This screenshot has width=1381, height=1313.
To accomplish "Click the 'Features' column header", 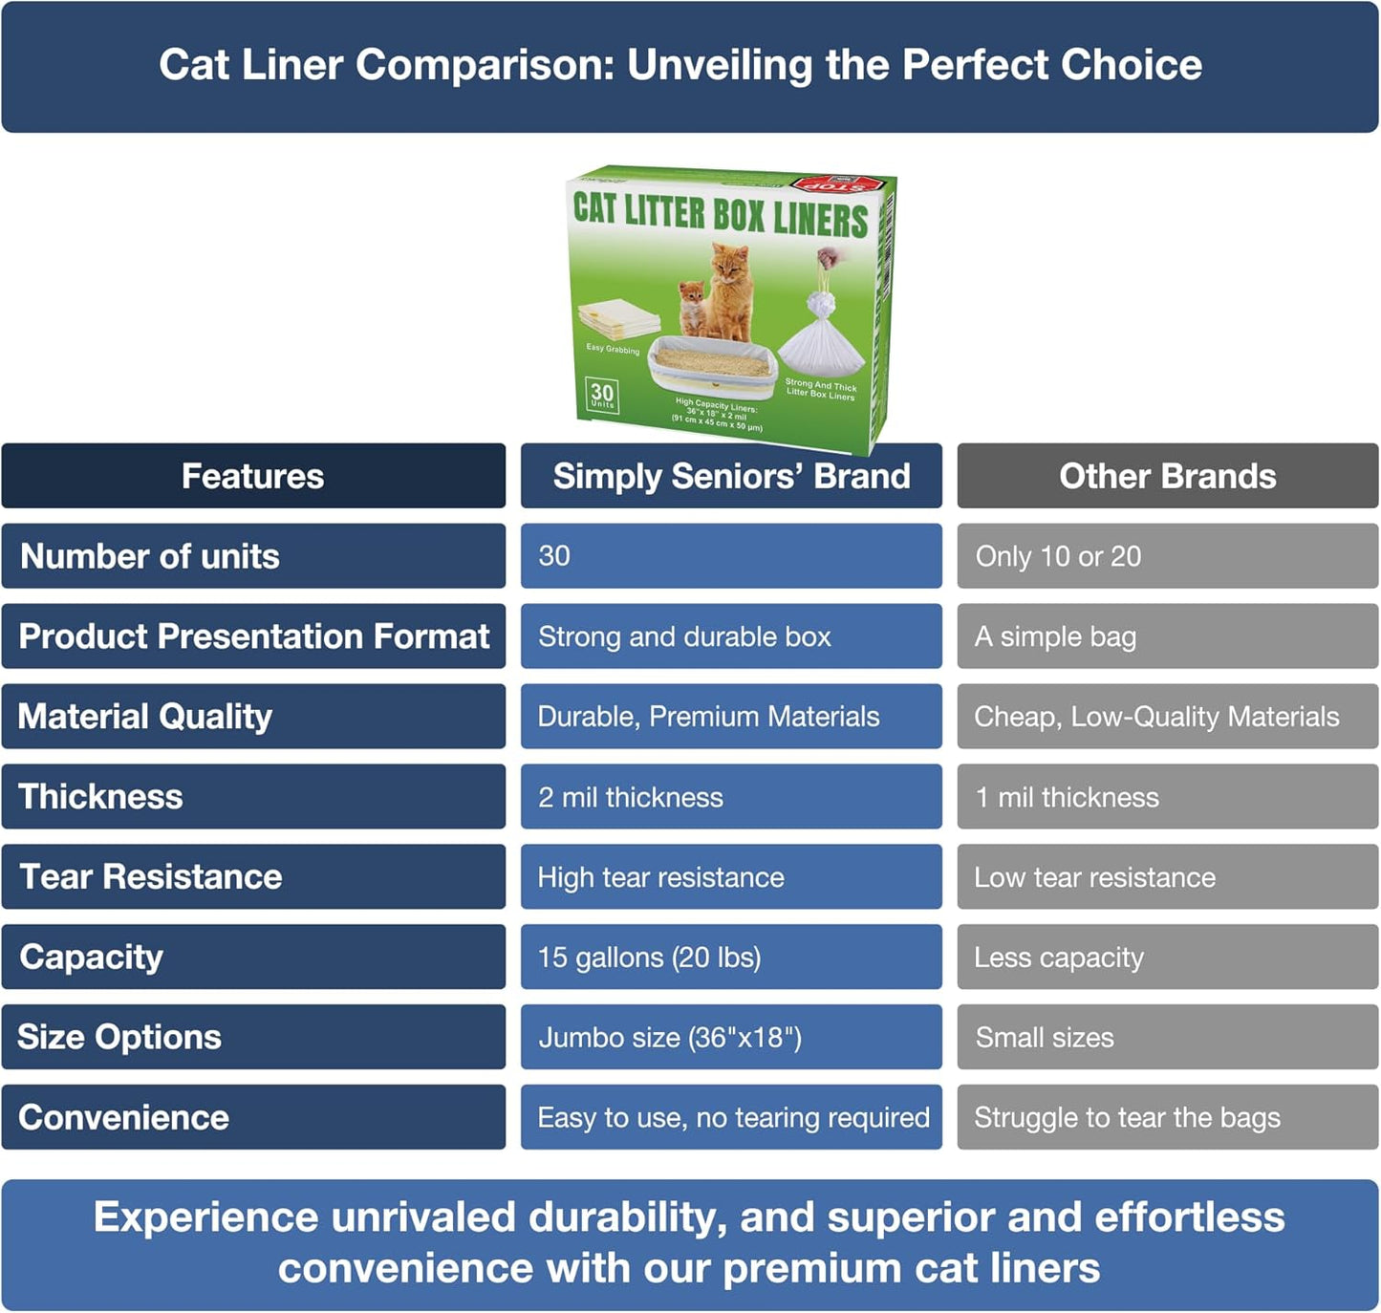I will pyautogui.click(x=253, y=476).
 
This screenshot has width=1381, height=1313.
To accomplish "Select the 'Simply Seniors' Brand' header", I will pyautogui.click(x=731, y=476).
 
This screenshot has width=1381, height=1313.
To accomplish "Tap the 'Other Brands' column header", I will pyautogui.click(x=1167, y=476).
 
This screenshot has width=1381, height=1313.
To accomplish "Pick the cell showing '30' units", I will pyautogui.click(x=731, y=556).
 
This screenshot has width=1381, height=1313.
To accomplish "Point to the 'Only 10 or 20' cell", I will pyautogui.click(x=1167, y=556).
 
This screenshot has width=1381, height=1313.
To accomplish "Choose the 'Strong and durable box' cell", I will pyautogui.click(x=731, y=636).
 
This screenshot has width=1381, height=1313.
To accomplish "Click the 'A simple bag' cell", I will pyautogui.click(x=1167, y=636).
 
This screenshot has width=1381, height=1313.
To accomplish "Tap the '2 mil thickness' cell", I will pyautogui.click(x=731, y=797).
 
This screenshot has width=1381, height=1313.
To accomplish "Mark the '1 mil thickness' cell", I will pyautogui.click(x=1167, y=797).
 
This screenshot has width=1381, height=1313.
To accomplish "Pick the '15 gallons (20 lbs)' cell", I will pyautogui.click(x=731, y=958).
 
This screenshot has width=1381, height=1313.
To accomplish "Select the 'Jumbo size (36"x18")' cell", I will pyautogui.click(x=731, y=1038).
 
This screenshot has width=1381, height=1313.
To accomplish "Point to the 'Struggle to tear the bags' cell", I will pyautogui.click(x=1167, y=1118).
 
